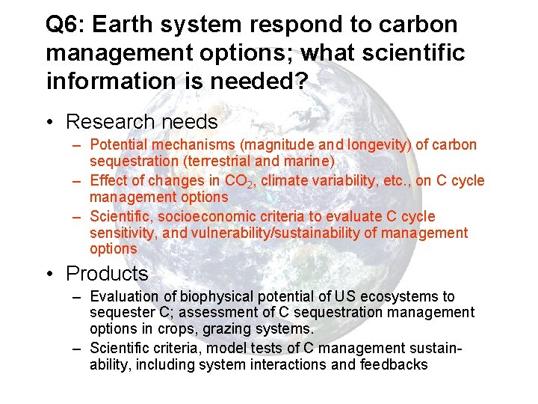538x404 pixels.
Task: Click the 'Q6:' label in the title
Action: click(65, 25)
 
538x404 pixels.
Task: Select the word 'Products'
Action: click(107, 274)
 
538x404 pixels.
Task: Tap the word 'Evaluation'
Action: click(123, 297)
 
